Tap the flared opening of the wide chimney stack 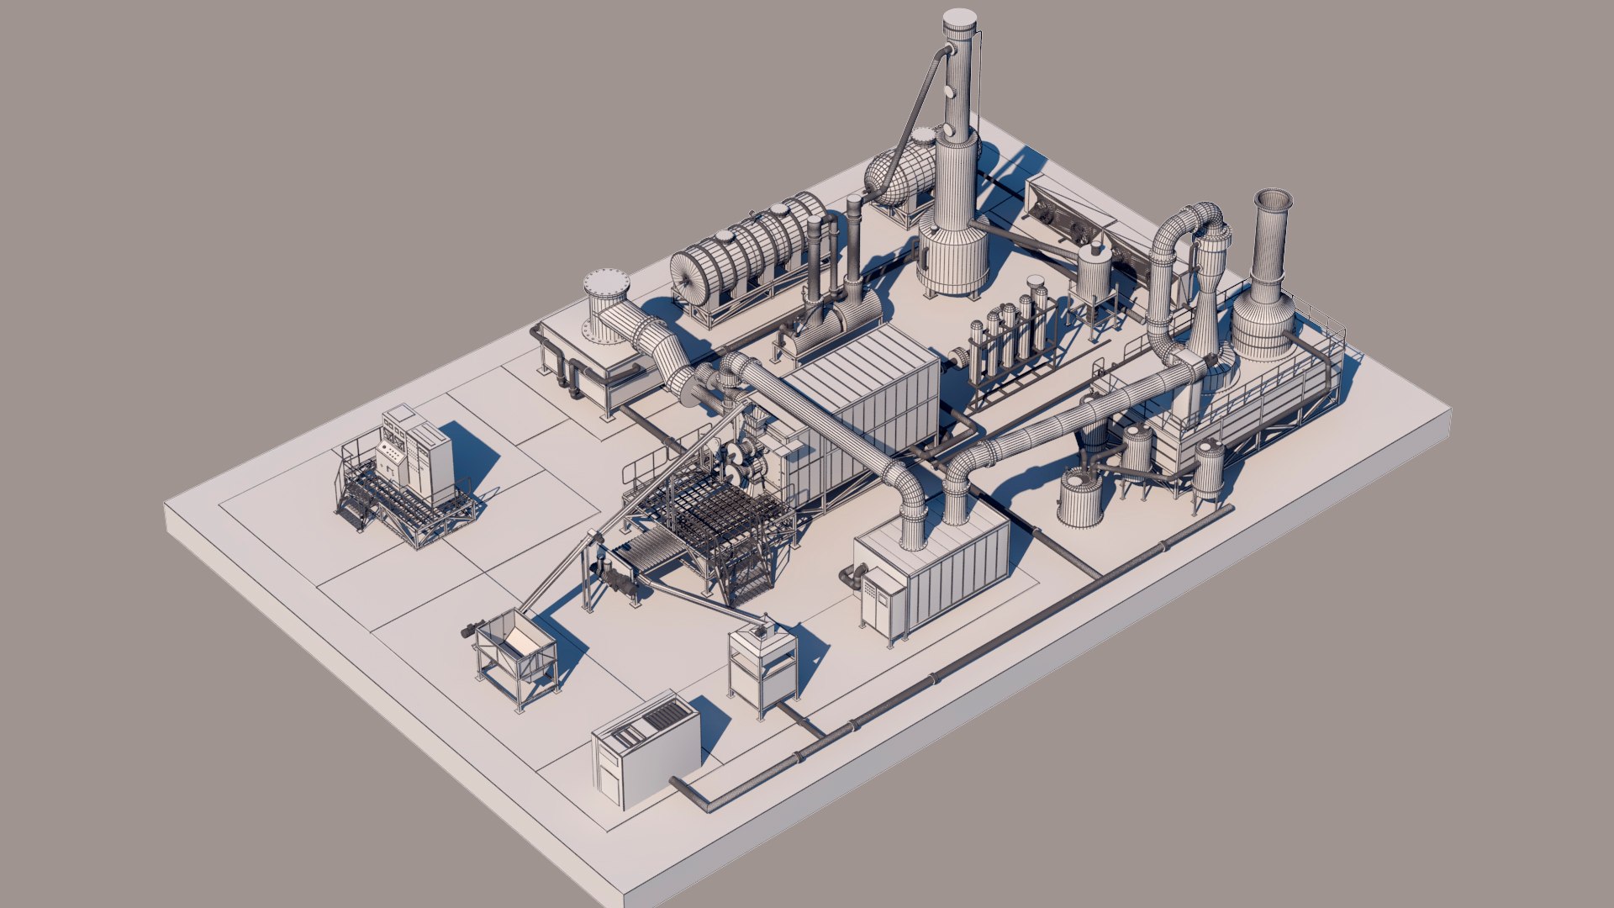tap(1273, 202)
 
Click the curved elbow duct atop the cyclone tap(1198, 220)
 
